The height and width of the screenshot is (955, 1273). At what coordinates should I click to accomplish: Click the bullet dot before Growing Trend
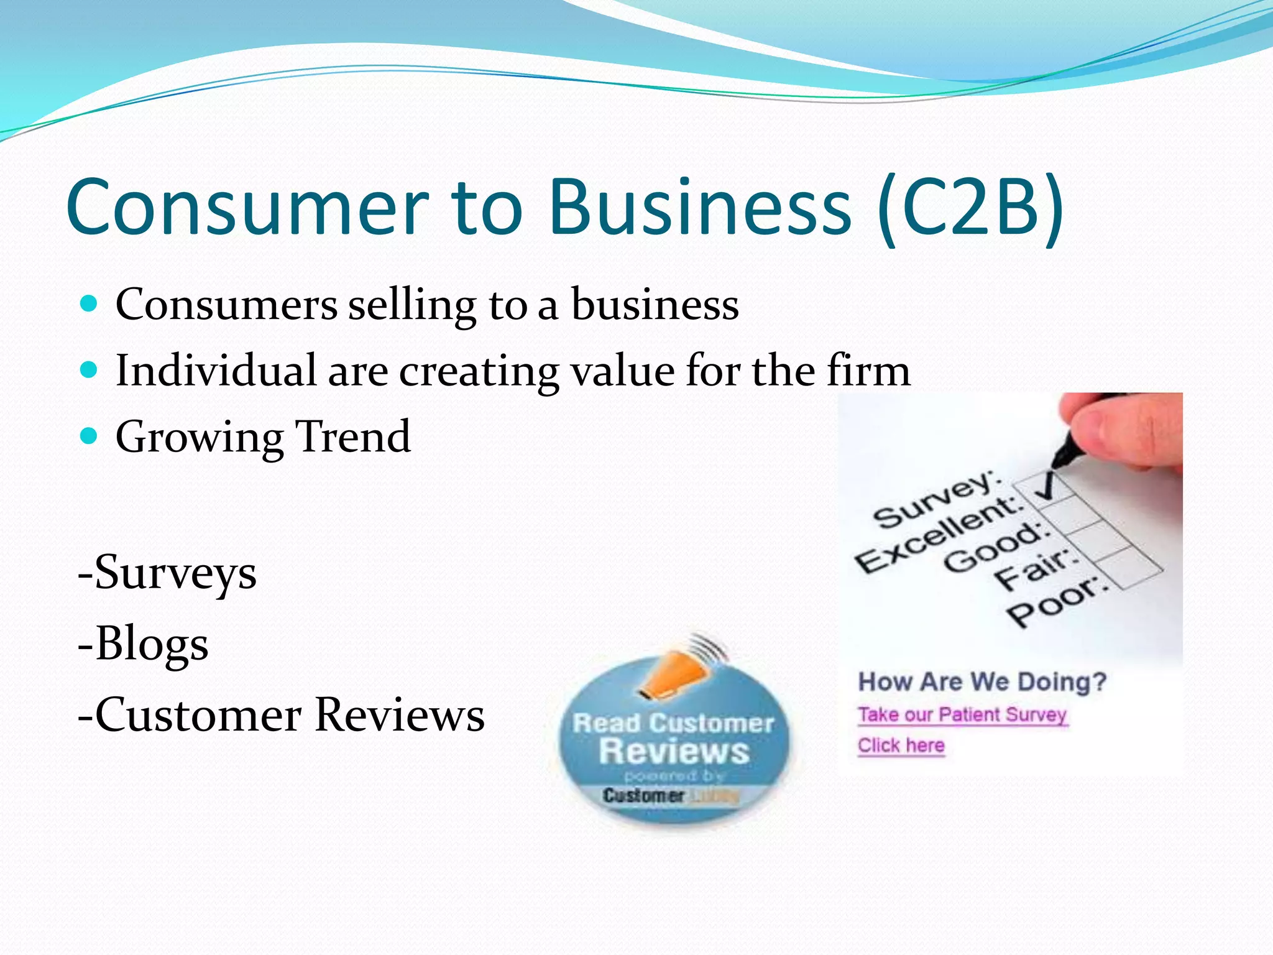(90, 436)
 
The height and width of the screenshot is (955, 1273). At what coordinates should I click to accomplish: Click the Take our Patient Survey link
(962, 715)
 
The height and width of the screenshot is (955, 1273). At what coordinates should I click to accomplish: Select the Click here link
(901, 745)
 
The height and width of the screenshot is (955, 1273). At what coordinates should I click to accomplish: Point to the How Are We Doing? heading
(982, 682)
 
